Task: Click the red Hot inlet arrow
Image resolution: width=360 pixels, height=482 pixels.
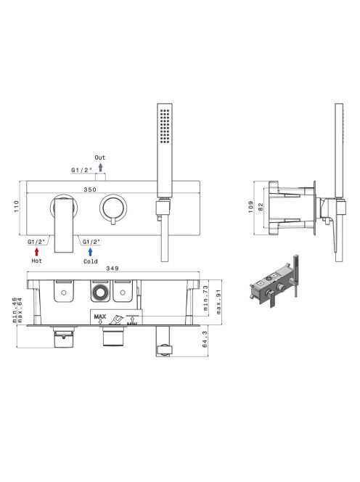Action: (x=37, y=252)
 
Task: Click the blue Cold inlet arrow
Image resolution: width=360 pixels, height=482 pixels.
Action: (x=91, y=252)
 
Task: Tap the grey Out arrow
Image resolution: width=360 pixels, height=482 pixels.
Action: (x=100, y=168)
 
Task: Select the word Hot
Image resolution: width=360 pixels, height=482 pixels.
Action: (x=36, y=261)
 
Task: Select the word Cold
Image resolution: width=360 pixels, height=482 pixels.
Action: (x=91, y=261)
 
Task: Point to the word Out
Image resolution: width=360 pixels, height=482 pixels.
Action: (x=100, y=158)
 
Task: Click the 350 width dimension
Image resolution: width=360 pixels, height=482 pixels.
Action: (x=90, y=189)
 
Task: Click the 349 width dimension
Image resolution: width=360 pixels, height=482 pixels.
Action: (x=112, y=269)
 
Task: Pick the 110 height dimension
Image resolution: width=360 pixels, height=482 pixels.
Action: (x=17, y=206)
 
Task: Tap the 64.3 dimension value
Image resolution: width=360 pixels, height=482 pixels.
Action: (x=205, y=340)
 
